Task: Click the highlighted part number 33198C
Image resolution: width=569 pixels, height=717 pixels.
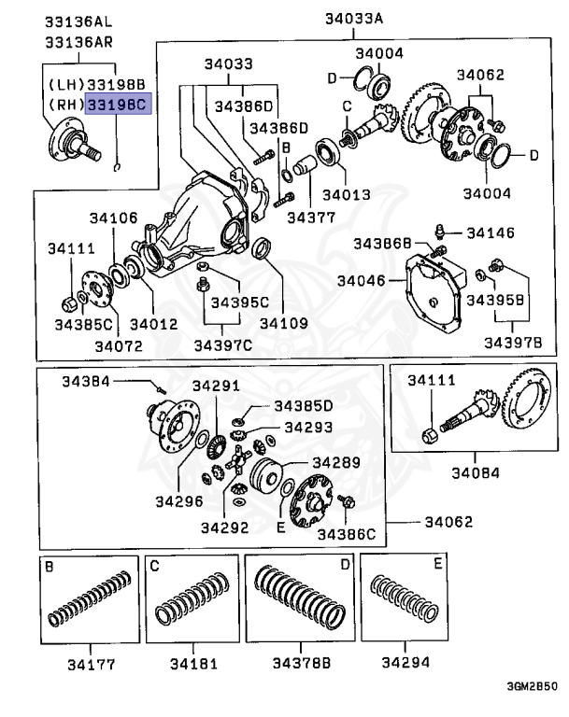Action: [x=117, y=105]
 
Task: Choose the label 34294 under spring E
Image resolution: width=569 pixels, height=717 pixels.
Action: [x=405, y=665]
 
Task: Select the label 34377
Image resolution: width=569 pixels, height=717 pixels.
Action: [x=311, y=217]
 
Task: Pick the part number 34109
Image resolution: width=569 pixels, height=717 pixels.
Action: [x=283, y=323]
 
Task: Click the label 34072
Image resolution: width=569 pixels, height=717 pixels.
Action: [x=118, y=345]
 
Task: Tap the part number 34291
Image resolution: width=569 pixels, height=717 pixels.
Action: [x=216, y=386]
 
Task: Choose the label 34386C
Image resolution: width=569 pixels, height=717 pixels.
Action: [x=347, y=534]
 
